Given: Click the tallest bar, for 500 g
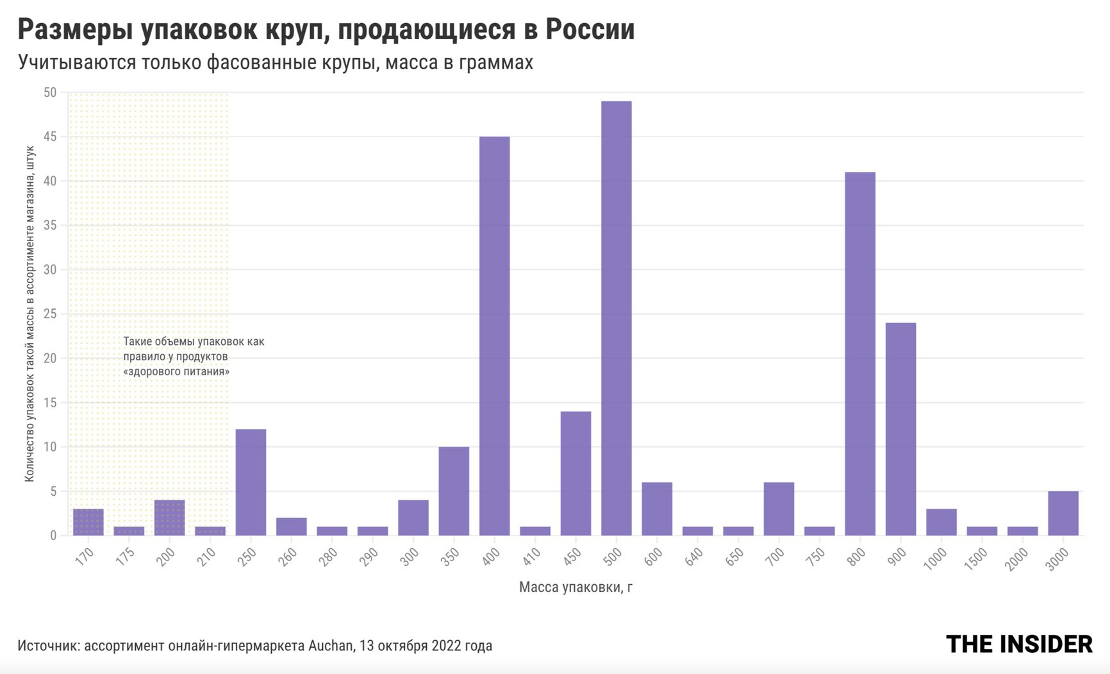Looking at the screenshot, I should [x=616, y=318].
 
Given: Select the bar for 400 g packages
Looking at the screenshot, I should [x=494, y=336].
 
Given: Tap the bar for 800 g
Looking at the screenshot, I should [x=859, y=353].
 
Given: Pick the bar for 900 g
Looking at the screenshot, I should [x=900, y=429].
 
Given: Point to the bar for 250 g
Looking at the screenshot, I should [x=251, y=482].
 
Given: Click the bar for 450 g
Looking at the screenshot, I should [x=576, y=473].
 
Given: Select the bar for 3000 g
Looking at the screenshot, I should [x=1063, y=513].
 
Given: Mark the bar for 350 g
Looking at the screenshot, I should [x=454, y=491].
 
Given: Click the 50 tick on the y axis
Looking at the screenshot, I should [x=50, y=93].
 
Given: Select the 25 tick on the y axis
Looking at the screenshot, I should [x=50, y=314].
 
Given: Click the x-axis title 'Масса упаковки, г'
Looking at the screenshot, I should [x=576, y=587].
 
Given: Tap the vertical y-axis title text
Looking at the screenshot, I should [x=29, y=314].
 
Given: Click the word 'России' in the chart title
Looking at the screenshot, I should [x=590, y=29].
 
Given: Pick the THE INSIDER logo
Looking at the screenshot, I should [x=1018, y=645].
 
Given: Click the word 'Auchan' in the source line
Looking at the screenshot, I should [x=331, y=645].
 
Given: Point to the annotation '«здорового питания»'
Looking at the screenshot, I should [x=176, y=371].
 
